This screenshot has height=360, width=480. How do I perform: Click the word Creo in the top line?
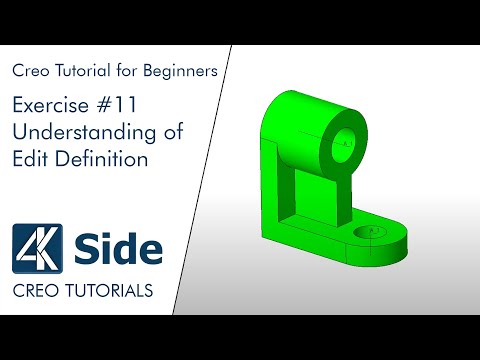tap(30, 71)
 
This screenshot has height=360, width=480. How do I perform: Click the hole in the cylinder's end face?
tap(342, 143)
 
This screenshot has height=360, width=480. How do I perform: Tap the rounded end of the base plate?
tap(398, 240)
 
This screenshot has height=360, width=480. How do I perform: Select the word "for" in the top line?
tap(132, 71)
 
